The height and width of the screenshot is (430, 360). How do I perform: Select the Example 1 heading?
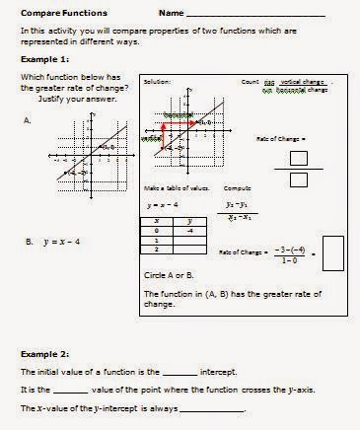pos(40,59)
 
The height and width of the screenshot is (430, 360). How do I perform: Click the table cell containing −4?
pos(193,231)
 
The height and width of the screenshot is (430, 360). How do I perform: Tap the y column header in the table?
pos(193,222)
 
